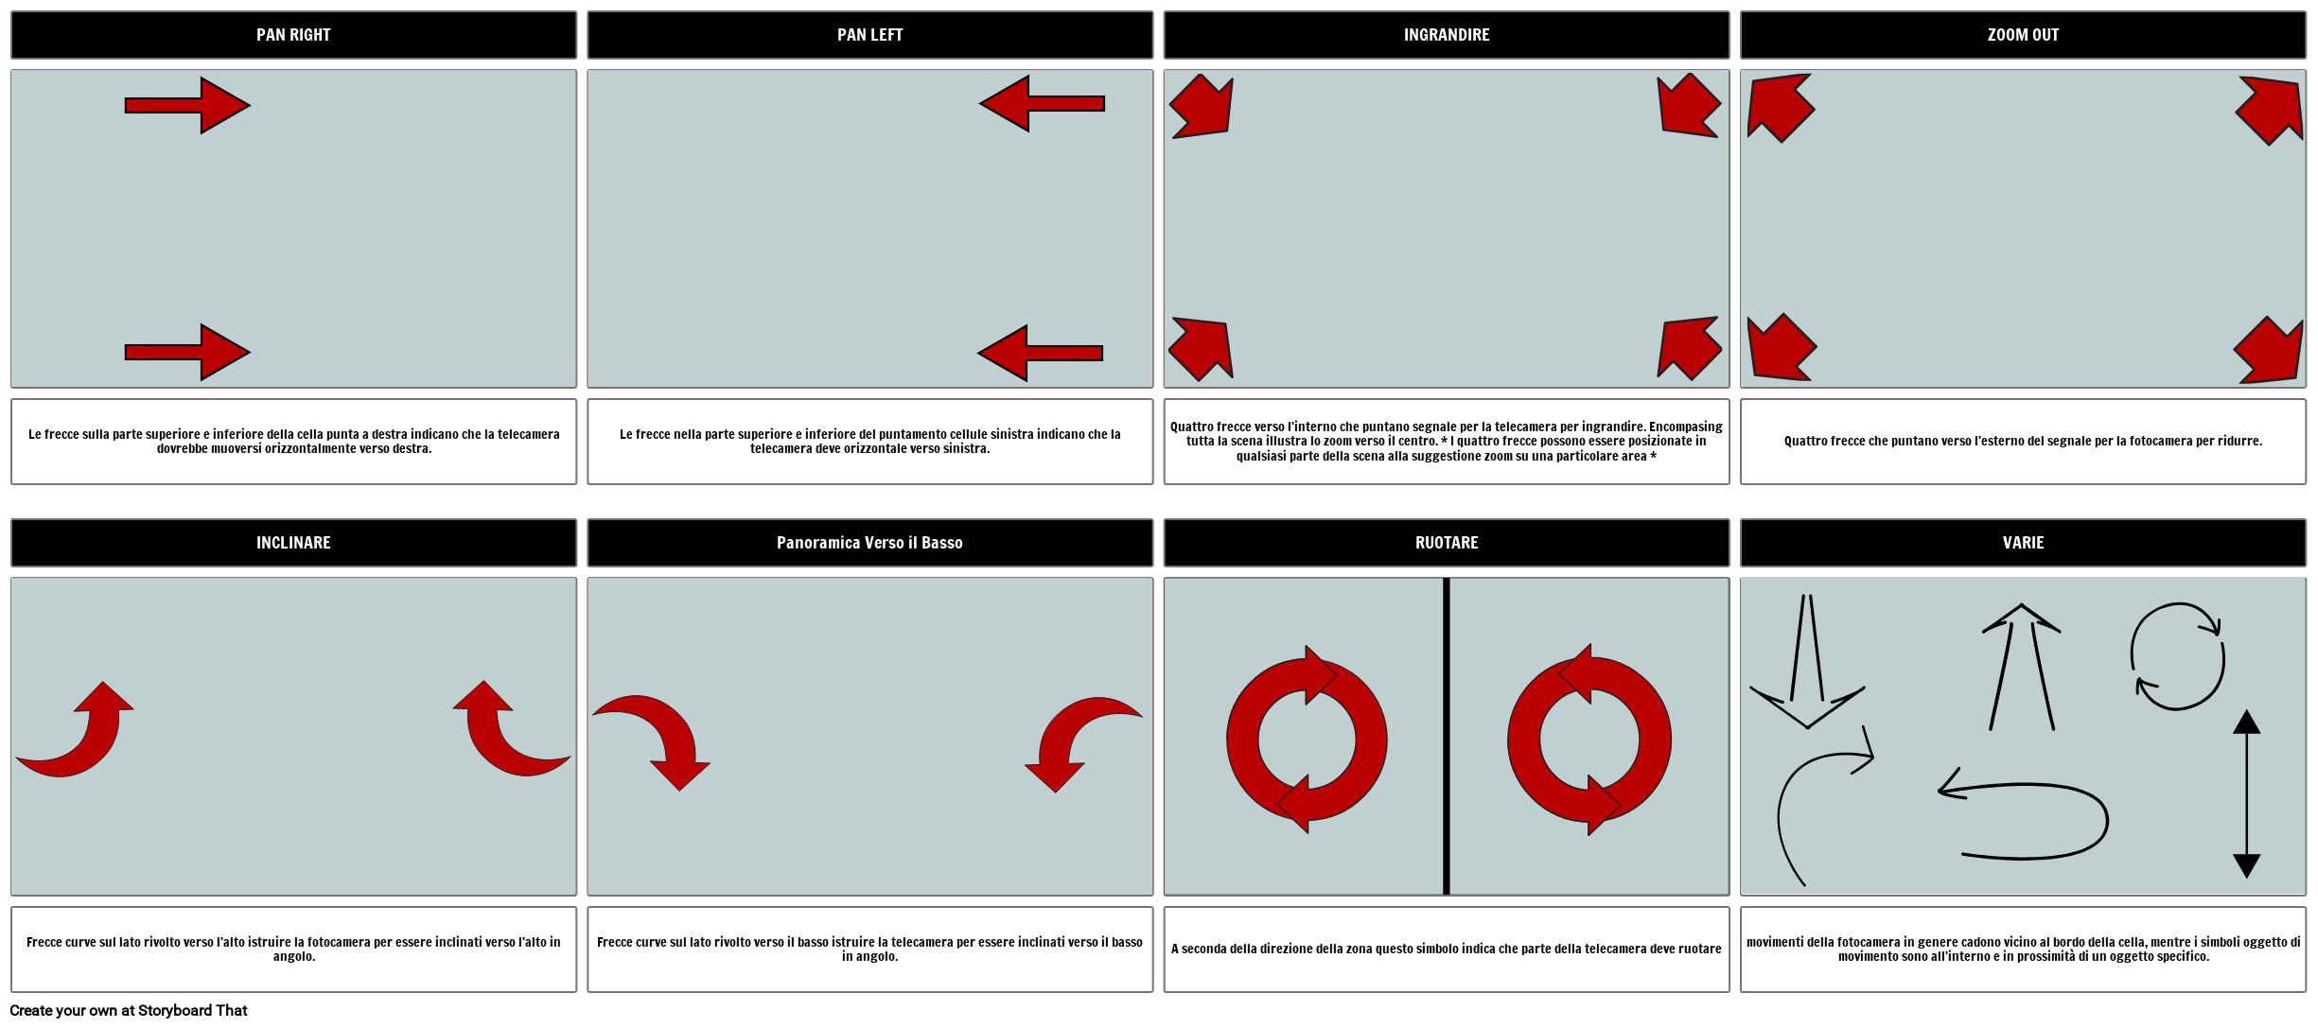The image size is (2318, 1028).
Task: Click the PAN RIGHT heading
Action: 293,35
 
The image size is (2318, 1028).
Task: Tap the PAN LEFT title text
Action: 869,35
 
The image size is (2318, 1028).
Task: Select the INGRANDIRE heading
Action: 1446,35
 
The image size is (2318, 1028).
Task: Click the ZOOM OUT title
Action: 2023,35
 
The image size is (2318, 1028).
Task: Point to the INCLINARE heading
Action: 293,543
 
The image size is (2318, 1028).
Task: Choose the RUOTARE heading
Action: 1446,543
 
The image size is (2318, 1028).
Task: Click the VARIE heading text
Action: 2023,543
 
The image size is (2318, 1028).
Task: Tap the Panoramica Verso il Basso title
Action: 869,543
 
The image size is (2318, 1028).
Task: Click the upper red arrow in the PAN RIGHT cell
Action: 187,105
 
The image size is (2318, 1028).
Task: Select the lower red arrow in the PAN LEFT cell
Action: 1041,353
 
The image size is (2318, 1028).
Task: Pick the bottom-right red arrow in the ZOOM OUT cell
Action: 2269,350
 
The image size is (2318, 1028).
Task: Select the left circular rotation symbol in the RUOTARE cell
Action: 1307,740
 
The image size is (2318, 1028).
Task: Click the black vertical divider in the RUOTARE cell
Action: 1446,736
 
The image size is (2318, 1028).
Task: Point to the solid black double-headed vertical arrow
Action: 2246,794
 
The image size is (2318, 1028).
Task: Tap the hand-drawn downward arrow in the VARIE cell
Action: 1807,662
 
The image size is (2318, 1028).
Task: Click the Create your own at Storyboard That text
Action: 129,1010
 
